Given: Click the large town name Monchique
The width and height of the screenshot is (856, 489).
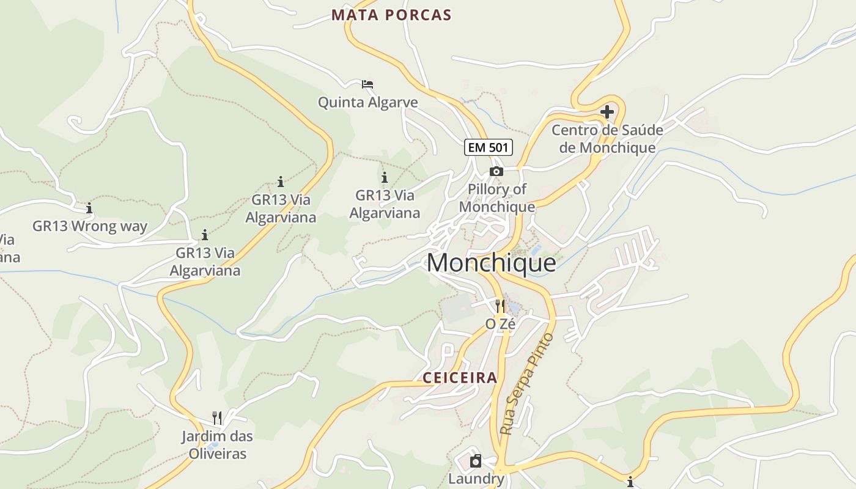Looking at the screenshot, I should [491, 263].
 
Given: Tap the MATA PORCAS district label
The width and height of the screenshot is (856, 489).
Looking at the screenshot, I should [391, 15].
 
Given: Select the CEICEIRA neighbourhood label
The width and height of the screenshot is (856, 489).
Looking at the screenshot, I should [460, 378].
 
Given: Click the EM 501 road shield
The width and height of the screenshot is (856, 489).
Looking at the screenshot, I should [488, 147].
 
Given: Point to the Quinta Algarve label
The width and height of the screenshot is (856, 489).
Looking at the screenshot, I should [367, 102].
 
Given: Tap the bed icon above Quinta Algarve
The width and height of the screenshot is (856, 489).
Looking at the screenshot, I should [367, 84].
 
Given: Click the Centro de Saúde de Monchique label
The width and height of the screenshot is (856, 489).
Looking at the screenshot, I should [607, 139].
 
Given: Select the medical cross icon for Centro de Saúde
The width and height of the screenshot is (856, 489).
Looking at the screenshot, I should [607, 112].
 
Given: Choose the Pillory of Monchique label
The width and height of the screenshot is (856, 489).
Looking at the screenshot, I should [496, 198].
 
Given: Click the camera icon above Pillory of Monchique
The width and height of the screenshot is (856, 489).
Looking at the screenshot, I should [496, 172].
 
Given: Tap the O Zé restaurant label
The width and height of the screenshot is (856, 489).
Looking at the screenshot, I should [500, 324].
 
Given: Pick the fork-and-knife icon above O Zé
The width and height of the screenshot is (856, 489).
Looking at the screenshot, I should [500, 306].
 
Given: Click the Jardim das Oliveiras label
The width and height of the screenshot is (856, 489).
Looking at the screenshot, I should [217, 445].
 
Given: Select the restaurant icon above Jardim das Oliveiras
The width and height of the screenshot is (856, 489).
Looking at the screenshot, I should [217, 418].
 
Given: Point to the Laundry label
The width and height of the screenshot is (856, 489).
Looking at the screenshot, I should [476, 479].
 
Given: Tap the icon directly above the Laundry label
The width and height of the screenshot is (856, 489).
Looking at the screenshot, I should [476, 461].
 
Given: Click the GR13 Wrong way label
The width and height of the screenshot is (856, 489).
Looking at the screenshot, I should [90, 226].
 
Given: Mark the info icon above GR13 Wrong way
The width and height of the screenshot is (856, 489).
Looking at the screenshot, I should [89, 208].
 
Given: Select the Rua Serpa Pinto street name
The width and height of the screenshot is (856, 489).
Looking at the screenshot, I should [526, 384].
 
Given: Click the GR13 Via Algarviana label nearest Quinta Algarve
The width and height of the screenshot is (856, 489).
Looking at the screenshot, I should [385, 204].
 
